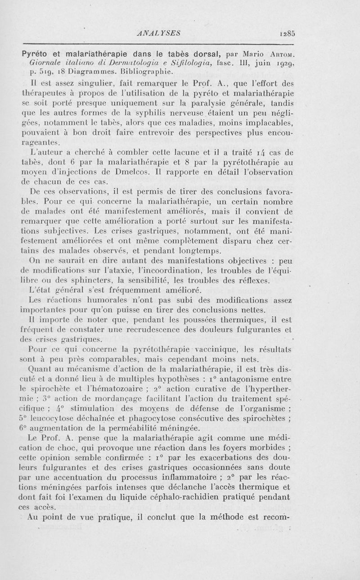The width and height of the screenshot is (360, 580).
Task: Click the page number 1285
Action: (287, 33)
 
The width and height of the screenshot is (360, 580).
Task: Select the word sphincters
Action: (85, 281)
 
